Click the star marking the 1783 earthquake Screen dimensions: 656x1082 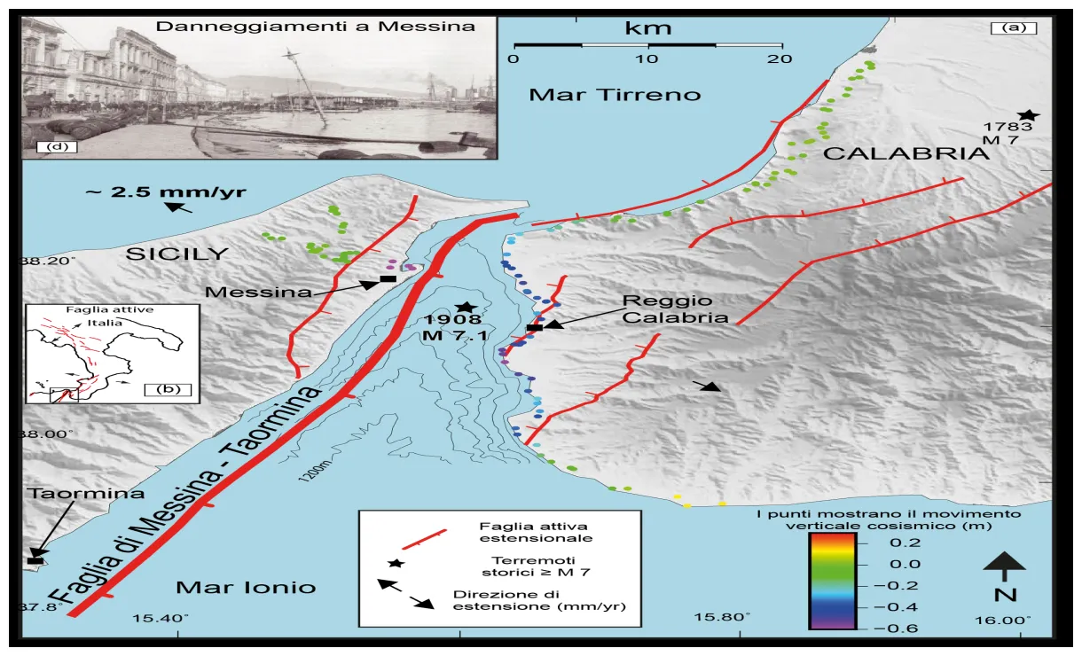coord(1028,115)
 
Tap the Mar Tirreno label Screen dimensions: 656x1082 coord(615,94)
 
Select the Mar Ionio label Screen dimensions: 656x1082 coord(246,587)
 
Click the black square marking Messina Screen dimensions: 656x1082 coord(387,280)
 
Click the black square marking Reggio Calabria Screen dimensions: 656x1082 coord(534,328)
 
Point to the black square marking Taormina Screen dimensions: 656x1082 coord(35,560)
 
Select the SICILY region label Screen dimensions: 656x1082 coord(176,254)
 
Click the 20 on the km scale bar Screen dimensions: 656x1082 coord(780,59)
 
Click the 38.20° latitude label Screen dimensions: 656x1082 coord(48,262)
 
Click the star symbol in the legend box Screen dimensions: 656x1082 coord(396,563)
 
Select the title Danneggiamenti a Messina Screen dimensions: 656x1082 coord(315,27)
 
